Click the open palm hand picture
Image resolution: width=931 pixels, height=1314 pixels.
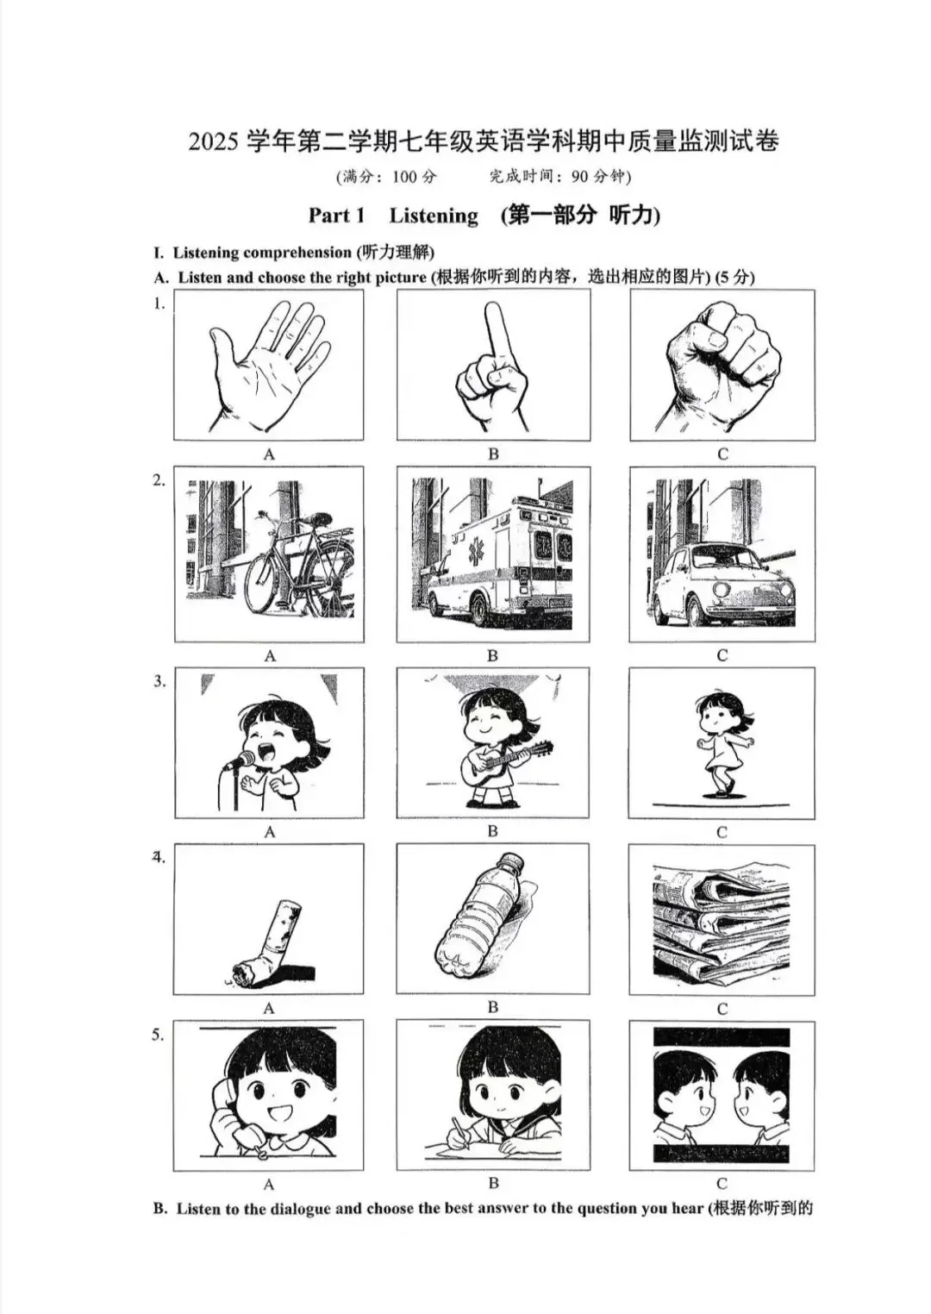coord(268,366)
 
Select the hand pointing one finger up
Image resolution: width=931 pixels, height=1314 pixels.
coord(493,366)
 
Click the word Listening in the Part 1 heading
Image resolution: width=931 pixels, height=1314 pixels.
coord(434,216)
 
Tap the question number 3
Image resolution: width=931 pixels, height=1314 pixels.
coord(159,681)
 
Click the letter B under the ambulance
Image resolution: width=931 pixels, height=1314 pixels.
coord(492,656)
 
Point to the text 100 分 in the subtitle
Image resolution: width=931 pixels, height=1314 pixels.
coord(415,177)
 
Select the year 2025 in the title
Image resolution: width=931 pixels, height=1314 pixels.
coord(213,141)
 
